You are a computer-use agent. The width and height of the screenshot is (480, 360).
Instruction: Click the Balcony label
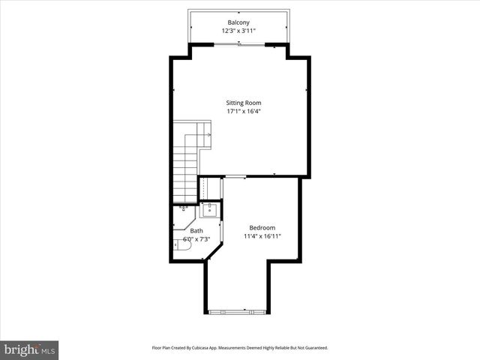click(x=239, y=22)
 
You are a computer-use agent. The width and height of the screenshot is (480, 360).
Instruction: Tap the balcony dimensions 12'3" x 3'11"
click(x=239, y=31)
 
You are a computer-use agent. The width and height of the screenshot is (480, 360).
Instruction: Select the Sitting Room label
click(x=244, y=103)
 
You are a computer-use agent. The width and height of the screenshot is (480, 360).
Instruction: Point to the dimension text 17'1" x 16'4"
click(x=244, y=112)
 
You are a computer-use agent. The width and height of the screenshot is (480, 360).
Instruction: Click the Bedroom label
click(x=262, y=228)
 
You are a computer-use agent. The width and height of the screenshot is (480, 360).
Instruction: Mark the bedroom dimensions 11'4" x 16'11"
click(x=262, y=237)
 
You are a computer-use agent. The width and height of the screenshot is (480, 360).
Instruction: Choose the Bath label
click(x=196, y=231)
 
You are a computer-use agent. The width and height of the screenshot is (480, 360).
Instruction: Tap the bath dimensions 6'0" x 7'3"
click(x=196, y=240)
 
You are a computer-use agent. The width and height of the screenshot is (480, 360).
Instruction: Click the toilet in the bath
click(x=185, y=242)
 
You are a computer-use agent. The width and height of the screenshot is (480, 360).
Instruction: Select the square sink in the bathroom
click(x=209, y=210)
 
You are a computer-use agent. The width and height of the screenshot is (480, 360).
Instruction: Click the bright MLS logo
click(x=29, y=349)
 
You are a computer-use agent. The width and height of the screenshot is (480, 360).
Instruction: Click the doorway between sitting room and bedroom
click(x=235, y=177)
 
